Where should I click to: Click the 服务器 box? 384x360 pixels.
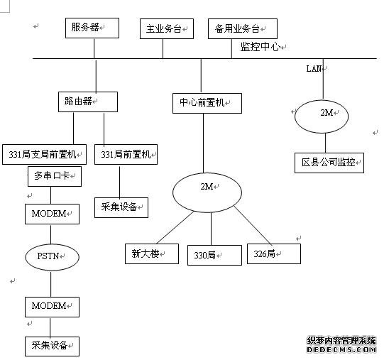(92, 28)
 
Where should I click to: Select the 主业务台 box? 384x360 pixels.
(167, 28)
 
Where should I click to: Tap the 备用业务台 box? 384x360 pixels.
(243, 28)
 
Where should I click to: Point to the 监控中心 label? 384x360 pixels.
(260, 47)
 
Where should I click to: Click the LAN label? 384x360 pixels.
(314, 69)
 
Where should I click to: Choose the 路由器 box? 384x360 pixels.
(88, 102)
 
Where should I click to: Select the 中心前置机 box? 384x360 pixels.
(207, 103)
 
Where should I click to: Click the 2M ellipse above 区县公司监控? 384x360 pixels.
(322, 116)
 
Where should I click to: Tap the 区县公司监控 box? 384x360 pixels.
(329, 163)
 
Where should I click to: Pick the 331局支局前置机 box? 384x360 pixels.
(44, 154)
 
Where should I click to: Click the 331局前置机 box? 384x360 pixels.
(126, 154)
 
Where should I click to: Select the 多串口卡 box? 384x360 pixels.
(55, 176)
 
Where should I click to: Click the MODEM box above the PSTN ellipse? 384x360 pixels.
(52, 214)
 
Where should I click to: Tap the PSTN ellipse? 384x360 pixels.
(52, 257)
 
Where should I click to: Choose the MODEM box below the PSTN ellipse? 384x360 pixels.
(52, 307)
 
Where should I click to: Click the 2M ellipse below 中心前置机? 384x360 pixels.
(207, 192)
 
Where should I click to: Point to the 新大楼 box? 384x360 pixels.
(152, 254)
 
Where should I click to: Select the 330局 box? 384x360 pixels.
(214, 255)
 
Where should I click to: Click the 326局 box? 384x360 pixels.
(274, 254)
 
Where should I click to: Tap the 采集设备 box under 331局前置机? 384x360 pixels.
(121, 207)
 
